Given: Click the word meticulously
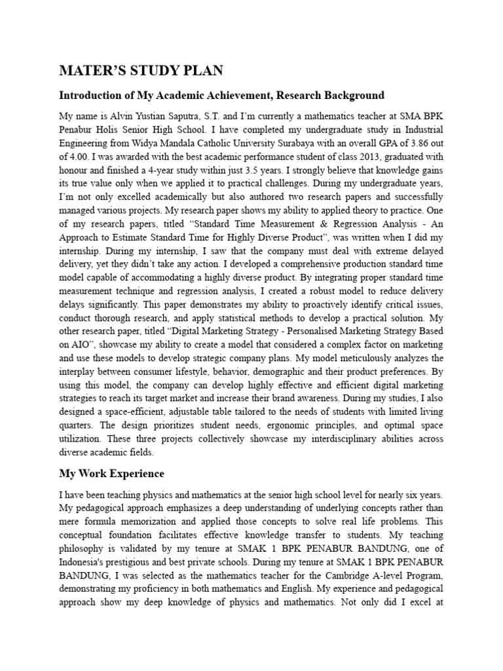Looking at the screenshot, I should click(381, 358).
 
